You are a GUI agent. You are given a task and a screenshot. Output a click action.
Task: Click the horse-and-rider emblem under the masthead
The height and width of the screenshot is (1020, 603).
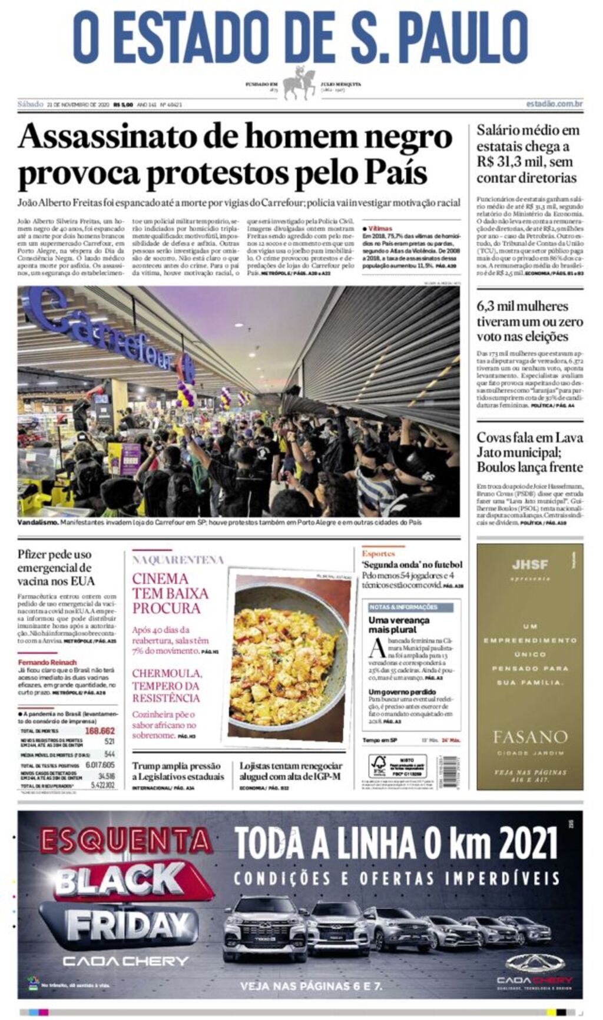[x=299, y=83]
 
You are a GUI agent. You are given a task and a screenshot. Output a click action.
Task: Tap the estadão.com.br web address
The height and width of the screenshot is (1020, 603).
[x=555, y=104]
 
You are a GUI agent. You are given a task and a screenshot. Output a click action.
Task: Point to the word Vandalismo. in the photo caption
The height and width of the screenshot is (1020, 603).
[x=38, y=522]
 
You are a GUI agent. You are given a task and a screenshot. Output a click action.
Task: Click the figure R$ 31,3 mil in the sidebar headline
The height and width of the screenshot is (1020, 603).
[x=509, y=162]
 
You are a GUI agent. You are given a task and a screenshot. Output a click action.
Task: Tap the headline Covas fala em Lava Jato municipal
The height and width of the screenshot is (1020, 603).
[x=529, y=452]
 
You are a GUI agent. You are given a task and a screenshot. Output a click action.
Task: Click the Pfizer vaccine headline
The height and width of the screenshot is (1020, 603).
[x=56, y=567]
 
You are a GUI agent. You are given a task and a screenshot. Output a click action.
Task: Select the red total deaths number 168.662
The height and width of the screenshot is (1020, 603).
[x=100, y=731]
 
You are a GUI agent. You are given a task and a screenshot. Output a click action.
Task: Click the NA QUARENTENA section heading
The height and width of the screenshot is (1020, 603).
[x=178, y=560]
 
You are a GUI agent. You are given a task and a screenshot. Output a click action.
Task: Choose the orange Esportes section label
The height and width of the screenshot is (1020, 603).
[x=378, y=553]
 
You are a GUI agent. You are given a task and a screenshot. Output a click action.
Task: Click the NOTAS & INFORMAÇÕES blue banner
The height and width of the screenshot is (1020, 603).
[x=404, y=607]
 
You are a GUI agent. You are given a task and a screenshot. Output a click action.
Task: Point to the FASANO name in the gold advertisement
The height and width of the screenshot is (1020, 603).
[x=530, y=736]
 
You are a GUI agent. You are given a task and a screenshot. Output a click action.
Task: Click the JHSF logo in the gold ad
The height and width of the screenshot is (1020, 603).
[x=529, y=564]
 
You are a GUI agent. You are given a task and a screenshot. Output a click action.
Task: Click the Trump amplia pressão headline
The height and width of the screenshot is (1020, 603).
[x=177, y=771]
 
